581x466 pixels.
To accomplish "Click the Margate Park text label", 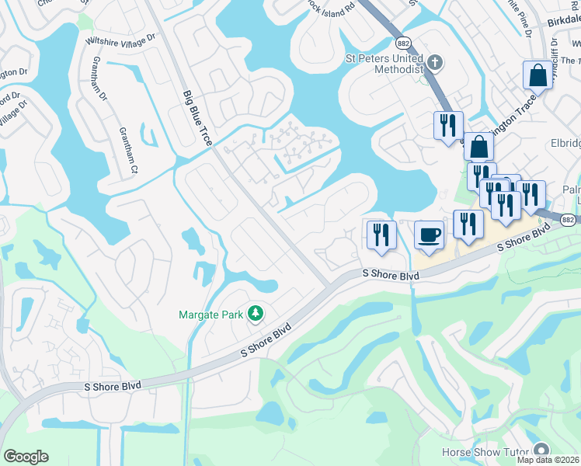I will click(x=212, y=315).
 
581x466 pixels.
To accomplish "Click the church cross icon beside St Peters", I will click(x=435, y=61).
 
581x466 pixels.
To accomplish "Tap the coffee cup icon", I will click(x=428, y=236).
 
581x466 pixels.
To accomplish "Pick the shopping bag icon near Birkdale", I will click(x=538, y=76).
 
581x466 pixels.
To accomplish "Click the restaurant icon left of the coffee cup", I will click(x=381, y=235).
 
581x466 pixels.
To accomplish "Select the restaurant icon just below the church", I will click(x=448, y=126).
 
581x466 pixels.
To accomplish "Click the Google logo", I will click(x=26, y=457).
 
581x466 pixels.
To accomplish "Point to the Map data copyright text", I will click(x=548, y=460).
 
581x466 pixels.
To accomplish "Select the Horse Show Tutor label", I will click(x=485, y=452).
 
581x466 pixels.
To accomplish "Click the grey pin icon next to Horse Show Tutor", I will click(x=541, y=450).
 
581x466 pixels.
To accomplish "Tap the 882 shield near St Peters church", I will click(x=403, y=43).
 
